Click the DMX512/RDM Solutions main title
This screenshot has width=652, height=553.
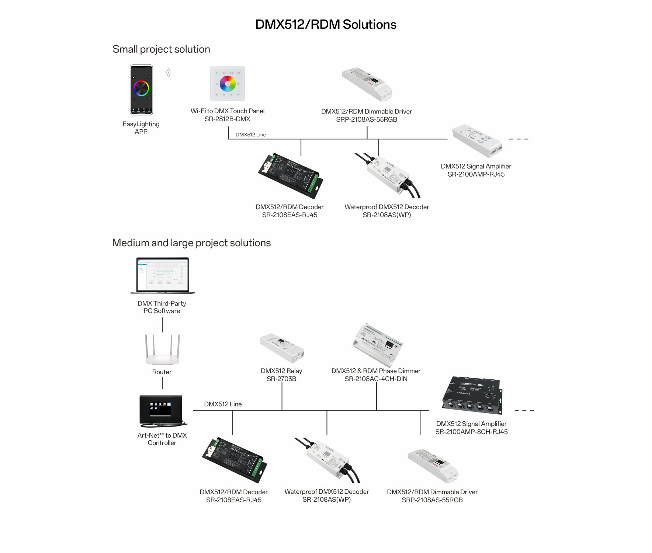pyautogui.click(x=326, y=24)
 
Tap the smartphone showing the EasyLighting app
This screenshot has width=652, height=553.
pyautogui.click(x=141, y=90)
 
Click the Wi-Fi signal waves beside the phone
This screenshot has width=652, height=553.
pyautogui.click(x=168, y=73)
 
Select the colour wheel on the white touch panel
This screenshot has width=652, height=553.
pyautogui.click(x=228, y=84)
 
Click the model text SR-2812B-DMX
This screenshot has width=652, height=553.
pyautogui.click(x=227, y=119)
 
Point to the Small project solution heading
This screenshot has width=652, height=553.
pyautogui.click(x=161, y=49)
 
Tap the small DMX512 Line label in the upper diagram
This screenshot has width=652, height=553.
pyautogui.click(x=250, y=135)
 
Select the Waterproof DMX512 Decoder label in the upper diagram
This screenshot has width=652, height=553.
pyautogui.click(x=386, y=207)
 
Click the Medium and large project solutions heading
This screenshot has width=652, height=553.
pyautogui.click(x=191, y=243)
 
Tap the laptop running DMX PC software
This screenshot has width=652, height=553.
pyautogui.click(x=162, y=275)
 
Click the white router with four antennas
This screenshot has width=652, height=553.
pyautogui.click(x=162, y=350)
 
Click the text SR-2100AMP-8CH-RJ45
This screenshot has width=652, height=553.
pyautogui.click(x=471, y=432)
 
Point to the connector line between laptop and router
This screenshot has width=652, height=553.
pyautogui.click(x=162, y=324)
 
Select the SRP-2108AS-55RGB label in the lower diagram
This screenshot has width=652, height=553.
pyautogui.click(x=432, y=500)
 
